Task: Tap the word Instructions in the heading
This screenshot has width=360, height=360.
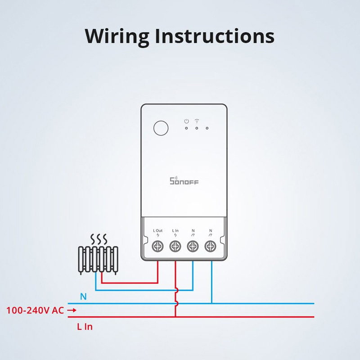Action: pyautogui.click(x=214, y=36)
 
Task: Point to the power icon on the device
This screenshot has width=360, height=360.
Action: pyautogui.click(x=186, y=121)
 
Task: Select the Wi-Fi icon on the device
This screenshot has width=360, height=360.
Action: pyautogui.click(x=197, y=121)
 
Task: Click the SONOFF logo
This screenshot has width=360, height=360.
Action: pyautogui.click(x=184, y=181)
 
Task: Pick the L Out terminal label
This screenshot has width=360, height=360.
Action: pyautogui.click(x=158, y=230)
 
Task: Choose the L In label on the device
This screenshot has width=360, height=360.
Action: pyautogui.click(x=175, y=230)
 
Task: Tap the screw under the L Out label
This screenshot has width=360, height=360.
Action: pyautogui.click(x=158, y=246)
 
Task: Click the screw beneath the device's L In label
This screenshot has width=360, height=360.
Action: pyautogui.click(x=175, y=246)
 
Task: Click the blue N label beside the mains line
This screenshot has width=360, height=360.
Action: pyautogui.click(x=83, y=297)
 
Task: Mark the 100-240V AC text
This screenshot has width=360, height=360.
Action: pyautogui.click(x=35, y=310)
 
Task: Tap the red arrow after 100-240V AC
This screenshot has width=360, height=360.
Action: pyautogui.click(x=72, y=310)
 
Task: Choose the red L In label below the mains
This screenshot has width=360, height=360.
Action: pyautogui.click(x=85, y=327)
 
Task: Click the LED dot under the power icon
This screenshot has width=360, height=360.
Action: pyautogui.click(x=186, y=128)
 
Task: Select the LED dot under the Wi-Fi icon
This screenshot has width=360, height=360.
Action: pyautogui.click(x=197, y=128)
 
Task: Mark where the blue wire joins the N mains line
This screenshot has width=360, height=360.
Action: pyautogui.click(x=211, y=303)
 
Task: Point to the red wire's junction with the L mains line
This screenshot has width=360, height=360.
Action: pyautogui.click(x=175, y=317)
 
